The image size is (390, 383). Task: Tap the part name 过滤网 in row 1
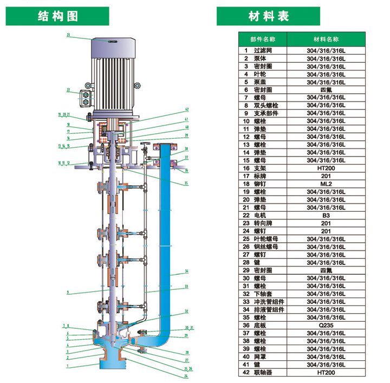(263, 50)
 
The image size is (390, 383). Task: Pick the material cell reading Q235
(326, 325)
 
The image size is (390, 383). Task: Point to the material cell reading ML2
(326, 184)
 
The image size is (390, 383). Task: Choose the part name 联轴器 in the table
(263, 372)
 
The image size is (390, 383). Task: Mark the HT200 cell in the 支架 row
(326, 168)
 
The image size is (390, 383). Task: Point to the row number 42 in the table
(245, 372)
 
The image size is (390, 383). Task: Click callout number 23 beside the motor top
(69, 35)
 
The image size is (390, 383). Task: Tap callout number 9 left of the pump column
(68, 293)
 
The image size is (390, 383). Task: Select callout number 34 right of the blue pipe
(186, 271)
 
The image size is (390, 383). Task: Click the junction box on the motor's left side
(86, 98)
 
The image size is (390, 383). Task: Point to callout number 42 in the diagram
(186, 109)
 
